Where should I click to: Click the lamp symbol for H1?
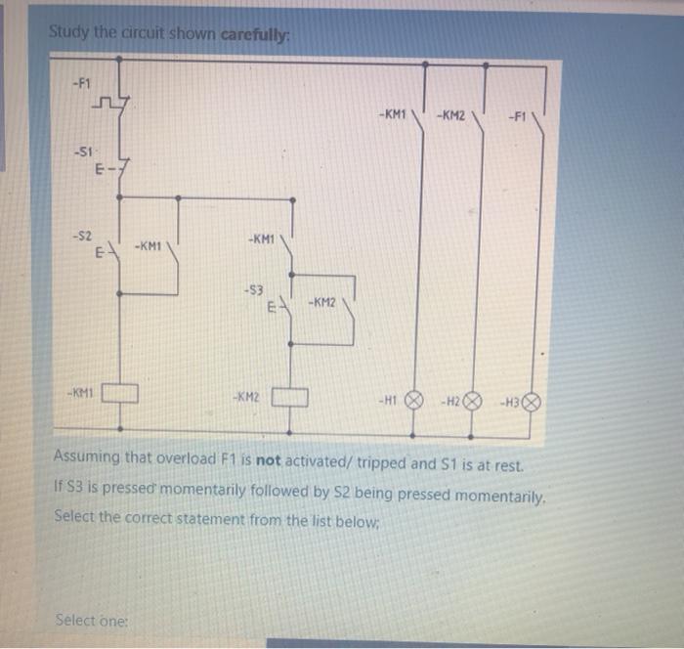click(412, 400)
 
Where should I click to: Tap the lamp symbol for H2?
click(473, 401)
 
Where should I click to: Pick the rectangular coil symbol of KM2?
click(290, 397)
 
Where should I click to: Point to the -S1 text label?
click(84, 151)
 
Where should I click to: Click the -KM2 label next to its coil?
click(245, 397)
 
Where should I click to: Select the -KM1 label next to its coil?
click(79, 393)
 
